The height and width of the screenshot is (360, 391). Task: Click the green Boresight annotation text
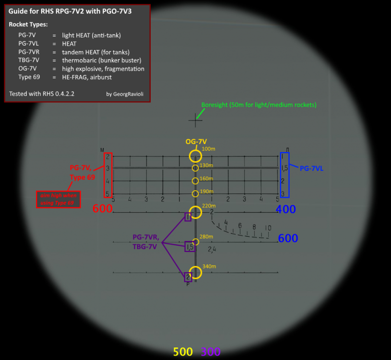pos(259,105)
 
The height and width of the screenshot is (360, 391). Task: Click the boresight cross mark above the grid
pos(195,120)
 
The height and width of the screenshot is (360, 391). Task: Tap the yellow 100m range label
pos(208,149)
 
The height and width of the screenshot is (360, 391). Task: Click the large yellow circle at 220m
pos(195,212)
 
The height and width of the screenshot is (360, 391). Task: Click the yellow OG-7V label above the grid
pos(196,142)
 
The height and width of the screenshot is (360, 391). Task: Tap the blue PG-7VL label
pos(312,168)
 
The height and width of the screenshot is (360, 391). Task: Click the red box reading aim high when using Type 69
pos(58,199)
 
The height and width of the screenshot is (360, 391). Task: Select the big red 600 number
pos(102,209)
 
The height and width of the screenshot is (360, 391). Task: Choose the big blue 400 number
pos(285,209)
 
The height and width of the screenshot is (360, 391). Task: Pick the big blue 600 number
pos(288,238)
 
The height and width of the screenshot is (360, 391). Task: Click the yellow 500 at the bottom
pos(183,352)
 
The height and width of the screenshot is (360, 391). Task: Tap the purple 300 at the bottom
pos(211,352)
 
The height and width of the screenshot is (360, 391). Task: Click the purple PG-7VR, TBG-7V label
pos(146,242)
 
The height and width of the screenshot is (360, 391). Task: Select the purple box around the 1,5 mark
pos(190,247)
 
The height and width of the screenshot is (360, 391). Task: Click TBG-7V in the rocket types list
pos(29,60)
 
